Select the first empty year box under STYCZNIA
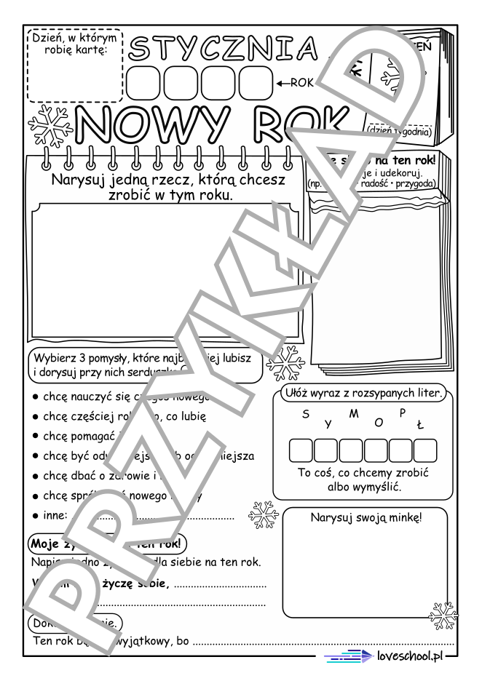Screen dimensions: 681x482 click(143, 82)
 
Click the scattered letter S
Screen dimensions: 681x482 click(304, 415)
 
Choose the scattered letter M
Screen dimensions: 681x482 click(354, 414)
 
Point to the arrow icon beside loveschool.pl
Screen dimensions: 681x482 click(349, 656)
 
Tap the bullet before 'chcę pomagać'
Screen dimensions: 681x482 click(36, 436)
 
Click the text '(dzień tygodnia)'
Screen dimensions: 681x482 click(400, 131)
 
